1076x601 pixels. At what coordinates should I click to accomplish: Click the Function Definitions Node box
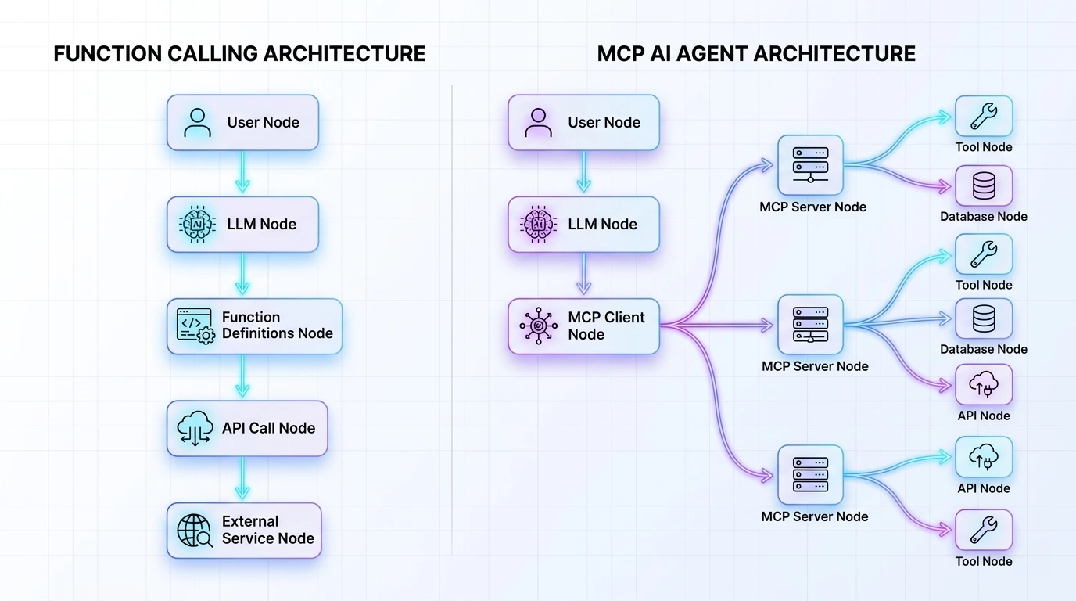[254, 326]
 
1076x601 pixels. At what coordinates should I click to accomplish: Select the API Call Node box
[246, 428]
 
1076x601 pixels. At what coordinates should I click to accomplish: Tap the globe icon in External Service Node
[195, 530]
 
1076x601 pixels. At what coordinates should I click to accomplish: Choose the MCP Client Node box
[583, 326]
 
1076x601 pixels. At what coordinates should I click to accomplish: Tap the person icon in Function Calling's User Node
[196, 122]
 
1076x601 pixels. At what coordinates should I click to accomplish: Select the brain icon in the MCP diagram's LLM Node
[538, 224]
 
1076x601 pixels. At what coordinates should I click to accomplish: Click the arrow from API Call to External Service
[242, 479]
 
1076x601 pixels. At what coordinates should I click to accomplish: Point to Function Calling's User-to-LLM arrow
[242, 172]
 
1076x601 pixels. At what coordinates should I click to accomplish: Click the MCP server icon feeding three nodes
[810, 324]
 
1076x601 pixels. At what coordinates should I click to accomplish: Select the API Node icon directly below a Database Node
[984, 384]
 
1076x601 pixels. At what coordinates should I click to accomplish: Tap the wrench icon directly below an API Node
[984, 530]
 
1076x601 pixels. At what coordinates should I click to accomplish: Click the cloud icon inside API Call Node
[195, 428]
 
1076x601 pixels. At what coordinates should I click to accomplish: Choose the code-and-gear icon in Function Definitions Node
[195, 326]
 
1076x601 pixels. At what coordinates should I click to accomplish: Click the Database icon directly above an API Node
[984, 318]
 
